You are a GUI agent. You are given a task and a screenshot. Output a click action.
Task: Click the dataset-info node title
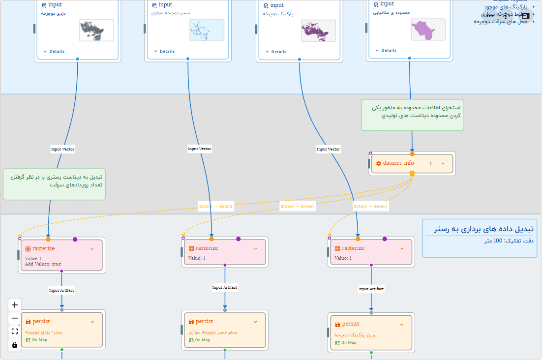pyautogui.click(x=398, y=163)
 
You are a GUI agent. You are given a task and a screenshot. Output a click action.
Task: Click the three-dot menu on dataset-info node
pyautogui.click(x=431, y=163)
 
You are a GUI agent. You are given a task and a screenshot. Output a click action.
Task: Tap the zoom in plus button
pyautogui.click(x=15, y=305)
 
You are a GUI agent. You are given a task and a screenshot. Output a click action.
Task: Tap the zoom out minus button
pyautogui.click(x=15, y=318)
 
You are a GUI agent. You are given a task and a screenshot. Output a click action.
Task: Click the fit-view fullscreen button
pyautogui.click(x=15, y=331)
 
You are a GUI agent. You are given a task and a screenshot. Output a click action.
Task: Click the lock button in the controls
pyautogui.click(x=15, y=345)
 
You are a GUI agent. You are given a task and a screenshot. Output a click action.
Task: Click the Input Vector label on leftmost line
pyautogui.click(x=62, y=149)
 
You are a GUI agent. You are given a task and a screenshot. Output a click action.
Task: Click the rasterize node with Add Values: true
pyautogui.click(x=61, y=255)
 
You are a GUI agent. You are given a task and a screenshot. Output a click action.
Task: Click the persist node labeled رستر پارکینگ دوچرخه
pyautogui.click(x=371, y=332)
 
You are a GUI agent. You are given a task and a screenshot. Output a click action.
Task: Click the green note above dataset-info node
pyautogui.click(x=412, y=115)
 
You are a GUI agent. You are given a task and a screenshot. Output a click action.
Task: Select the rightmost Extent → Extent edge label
pyautogui.click(x=371, y=207)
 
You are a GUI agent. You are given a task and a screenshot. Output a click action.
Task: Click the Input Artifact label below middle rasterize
pyautogui.click(x=225, y=288)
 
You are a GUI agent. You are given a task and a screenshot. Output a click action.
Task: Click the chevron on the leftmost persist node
pyautogui.click(x=92, y=322)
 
